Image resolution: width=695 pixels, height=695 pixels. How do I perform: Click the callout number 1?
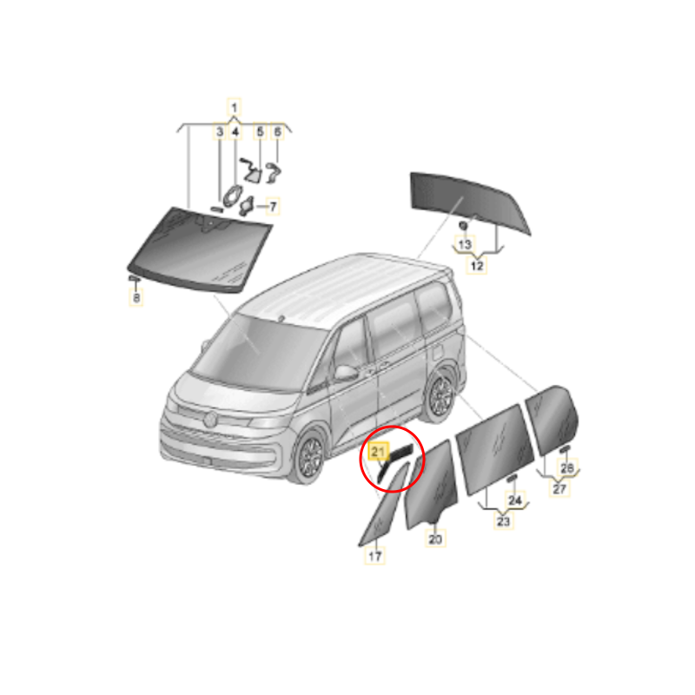click(234, 107)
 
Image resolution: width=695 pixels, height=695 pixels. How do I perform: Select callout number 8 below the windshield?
click(136, 297)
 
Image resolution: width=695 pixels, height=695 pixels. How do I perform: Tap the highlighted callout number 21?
click(378, 452)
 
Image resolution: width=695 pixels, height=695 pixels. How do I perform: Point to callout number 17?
click(375, 556)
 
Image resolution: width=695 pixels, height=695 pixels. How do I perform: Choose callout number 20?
click(435, 539)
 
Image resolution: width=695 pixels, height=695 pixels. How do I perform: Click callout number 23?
click(504, 520)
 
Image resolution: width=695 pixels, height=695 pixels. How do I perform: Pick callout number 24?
click(515, 500)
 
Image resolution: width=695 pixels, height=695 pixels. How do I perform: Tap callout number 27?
click(559, 488)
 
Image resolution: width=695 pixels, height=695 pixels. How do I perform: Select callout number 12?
click(476, 266)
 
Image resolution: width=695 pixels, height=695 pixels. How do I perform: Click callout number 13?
click(465, 244)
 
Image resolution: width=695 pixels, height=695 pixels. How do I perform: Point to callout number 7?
click(273, 207)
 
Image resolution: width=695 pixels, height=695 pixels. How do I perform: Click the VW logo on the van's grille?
click(209, 419)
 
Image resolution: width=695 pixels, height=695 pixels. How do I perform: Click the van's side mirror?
click(345, 374)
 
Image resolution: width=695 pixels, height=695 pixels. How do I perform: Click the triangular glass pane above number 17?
click(383, 506)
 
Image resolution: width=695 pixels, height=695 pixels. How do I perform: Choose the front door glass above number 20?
click(432, 485)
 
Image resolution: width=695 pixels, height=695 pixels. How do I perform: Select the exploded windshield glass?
click(201, 249)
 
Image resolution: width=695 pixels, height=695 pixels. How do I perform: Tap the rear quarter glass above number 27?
click(552, 420)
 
